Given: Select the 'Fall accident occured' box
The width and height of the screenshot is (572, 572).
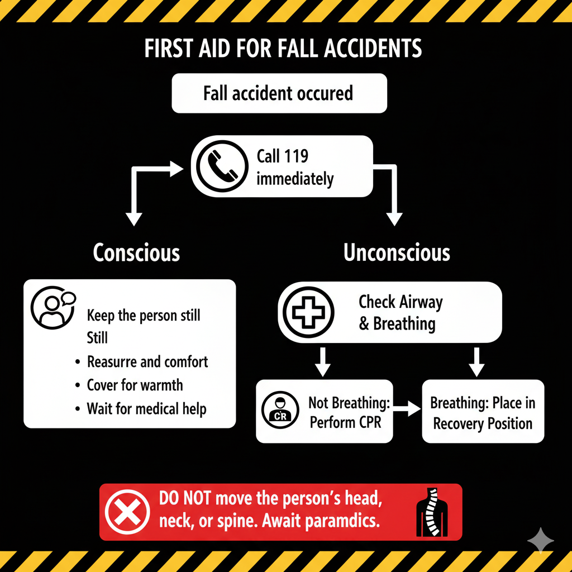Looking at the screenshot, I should coord(279,93).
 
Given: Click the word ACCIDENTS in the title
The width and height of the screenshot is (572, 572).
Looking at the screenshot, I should coord(369,49).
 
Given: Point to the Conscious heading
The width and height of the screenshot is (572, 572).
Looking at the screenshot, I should coord(136,253).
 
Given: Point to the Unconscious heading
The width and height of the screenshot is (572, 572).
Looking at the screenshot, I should coord(397,253).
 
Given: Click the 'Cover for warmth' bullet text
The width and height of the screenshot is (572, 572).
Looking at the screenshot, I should coord(135,385).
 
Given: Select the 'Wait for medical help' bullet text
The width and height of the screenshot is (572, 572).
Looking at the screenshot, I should coord(146,408).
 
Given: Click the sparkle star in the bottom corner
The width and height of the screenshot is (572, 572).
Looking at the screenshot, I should coord(541,541).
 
